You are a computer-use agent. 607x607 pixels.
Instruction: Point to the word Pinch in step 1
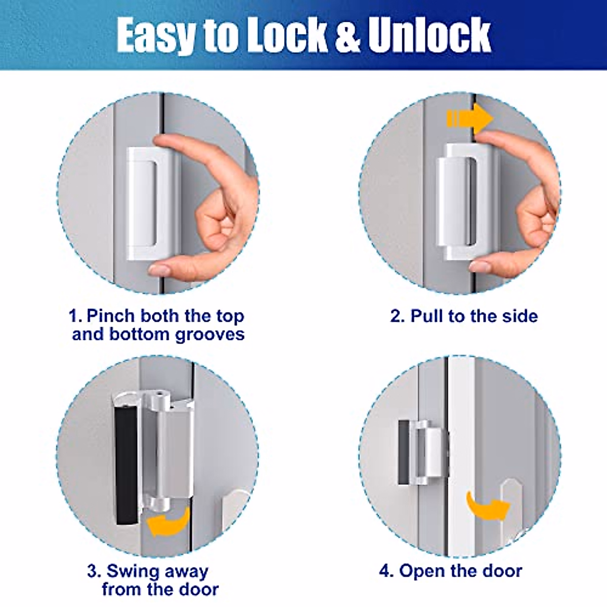pyautogui.click(x=111, y=316)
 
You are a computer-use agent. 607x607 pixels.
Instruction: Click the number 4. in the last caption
pyautogui.click(x=386, y=571)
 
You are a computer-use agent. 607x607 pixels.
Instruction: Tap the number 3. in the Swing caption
pyautogui.click(x=94, y=572)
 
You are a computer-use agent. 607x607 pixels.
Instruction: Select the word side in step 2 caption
pyautogui.click(x=519, y=316)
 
